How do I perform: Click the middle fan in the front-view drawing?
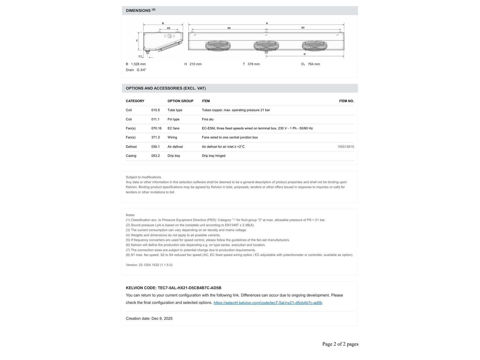pyautogui.click(x=266, y=46)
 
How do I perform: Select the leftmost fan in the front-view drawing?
pyautogui.click(x=218, y=46)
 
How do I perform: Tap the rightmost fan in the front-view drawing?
pyautogui.click(x=314, y=46)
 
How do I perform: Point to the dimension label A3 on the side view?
pyautogui.click(x=169, y=28)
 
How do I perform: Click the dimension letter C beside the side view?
pyautogui.click(x=137, y=40)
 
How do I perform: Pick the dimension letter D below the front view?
pyautogui.click(x=304, y=54)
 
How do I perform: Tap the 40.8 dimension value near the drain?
pyautogui.click(x=140, y=56)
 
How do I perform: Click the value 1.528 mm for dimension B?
pyautogui.click(x=138, y=64)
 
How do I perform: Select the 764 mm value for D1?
pyautogui.click(x=314, y=64)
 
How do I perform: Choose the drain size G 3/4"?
pyautogui.click(x=141, y=70)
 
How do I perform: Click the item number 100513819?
pyautogui.click(x=345, y=147)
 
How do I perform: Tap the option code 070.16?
pyautogui.click(x=156, y=128)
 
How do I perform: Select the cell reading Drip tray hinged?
pyautogui.click(x=214, y=156)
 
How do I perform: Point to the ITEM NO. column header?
pyautogui.click(x=346, y=101)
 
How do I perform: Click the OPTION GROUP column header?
pyautogui.click(x=180, y=101)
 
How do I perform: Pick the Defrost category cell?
pyautogui.click(x=131, y=147)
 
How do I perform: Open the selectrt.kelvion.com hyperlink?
pyautogui.click(x=268, y=303)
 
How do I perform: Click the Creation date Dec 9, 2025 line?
pyautogui.click(x=149, y=319)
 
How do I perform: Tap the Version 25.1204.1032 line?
pyautogui.click(x=149, y=265)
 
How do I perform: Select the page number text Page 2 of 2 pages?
pyautogui.click(x=340, y=344)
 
